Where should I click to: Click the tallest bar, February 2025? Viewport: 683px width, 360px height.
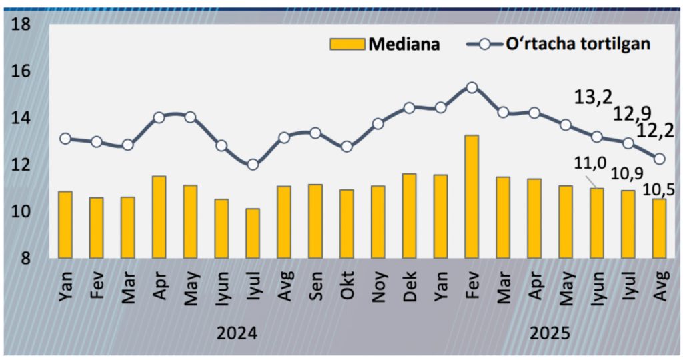[472, 196]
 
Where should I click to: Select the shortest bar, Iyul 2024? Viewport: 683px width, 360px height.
[253, 233]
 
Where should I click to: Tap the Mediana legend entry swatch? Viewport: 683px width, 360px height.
[347, 44]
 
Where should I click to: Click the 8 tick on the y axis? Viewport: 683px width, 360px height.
[25, 259]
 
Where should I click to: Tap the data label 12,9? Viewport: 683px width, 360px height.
[633, 113]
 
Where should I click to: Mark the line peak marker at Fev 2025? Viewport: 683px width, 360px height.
[472, 87]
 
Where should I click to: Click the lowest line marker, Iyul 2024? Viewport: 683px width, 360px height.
[253, 165]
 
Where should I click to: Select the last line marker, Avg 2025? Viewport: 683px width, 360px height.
[659, 159]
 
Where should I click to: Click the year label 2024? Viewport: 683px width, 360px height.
[236, 333]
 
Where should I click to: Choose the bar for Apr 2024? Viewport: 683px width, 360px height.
[159, 217]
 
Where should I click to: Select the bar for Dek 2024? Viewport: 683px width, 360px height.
[409, 215]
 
